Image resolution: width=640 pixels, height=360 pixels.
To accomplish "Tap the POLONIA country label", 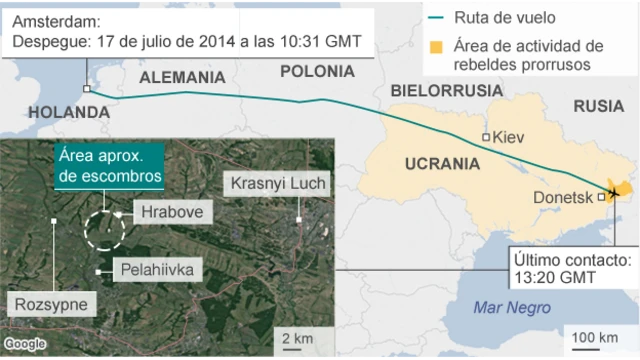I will point(317,71).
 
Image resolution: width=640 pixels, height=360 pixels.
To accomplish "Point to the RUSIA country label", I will point(598,107).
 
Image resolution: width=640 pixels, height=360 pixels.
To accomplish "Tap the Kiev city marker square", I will point(486,137).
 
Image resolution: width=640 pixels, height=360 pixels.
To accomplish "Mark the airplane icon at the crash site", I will point(612,192).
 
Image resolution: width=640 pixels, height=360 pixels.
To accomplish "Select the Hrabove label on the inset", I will point(165,212).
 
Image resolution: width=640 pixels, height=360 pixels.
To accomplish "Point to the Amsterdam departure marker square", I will point(88,89).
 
